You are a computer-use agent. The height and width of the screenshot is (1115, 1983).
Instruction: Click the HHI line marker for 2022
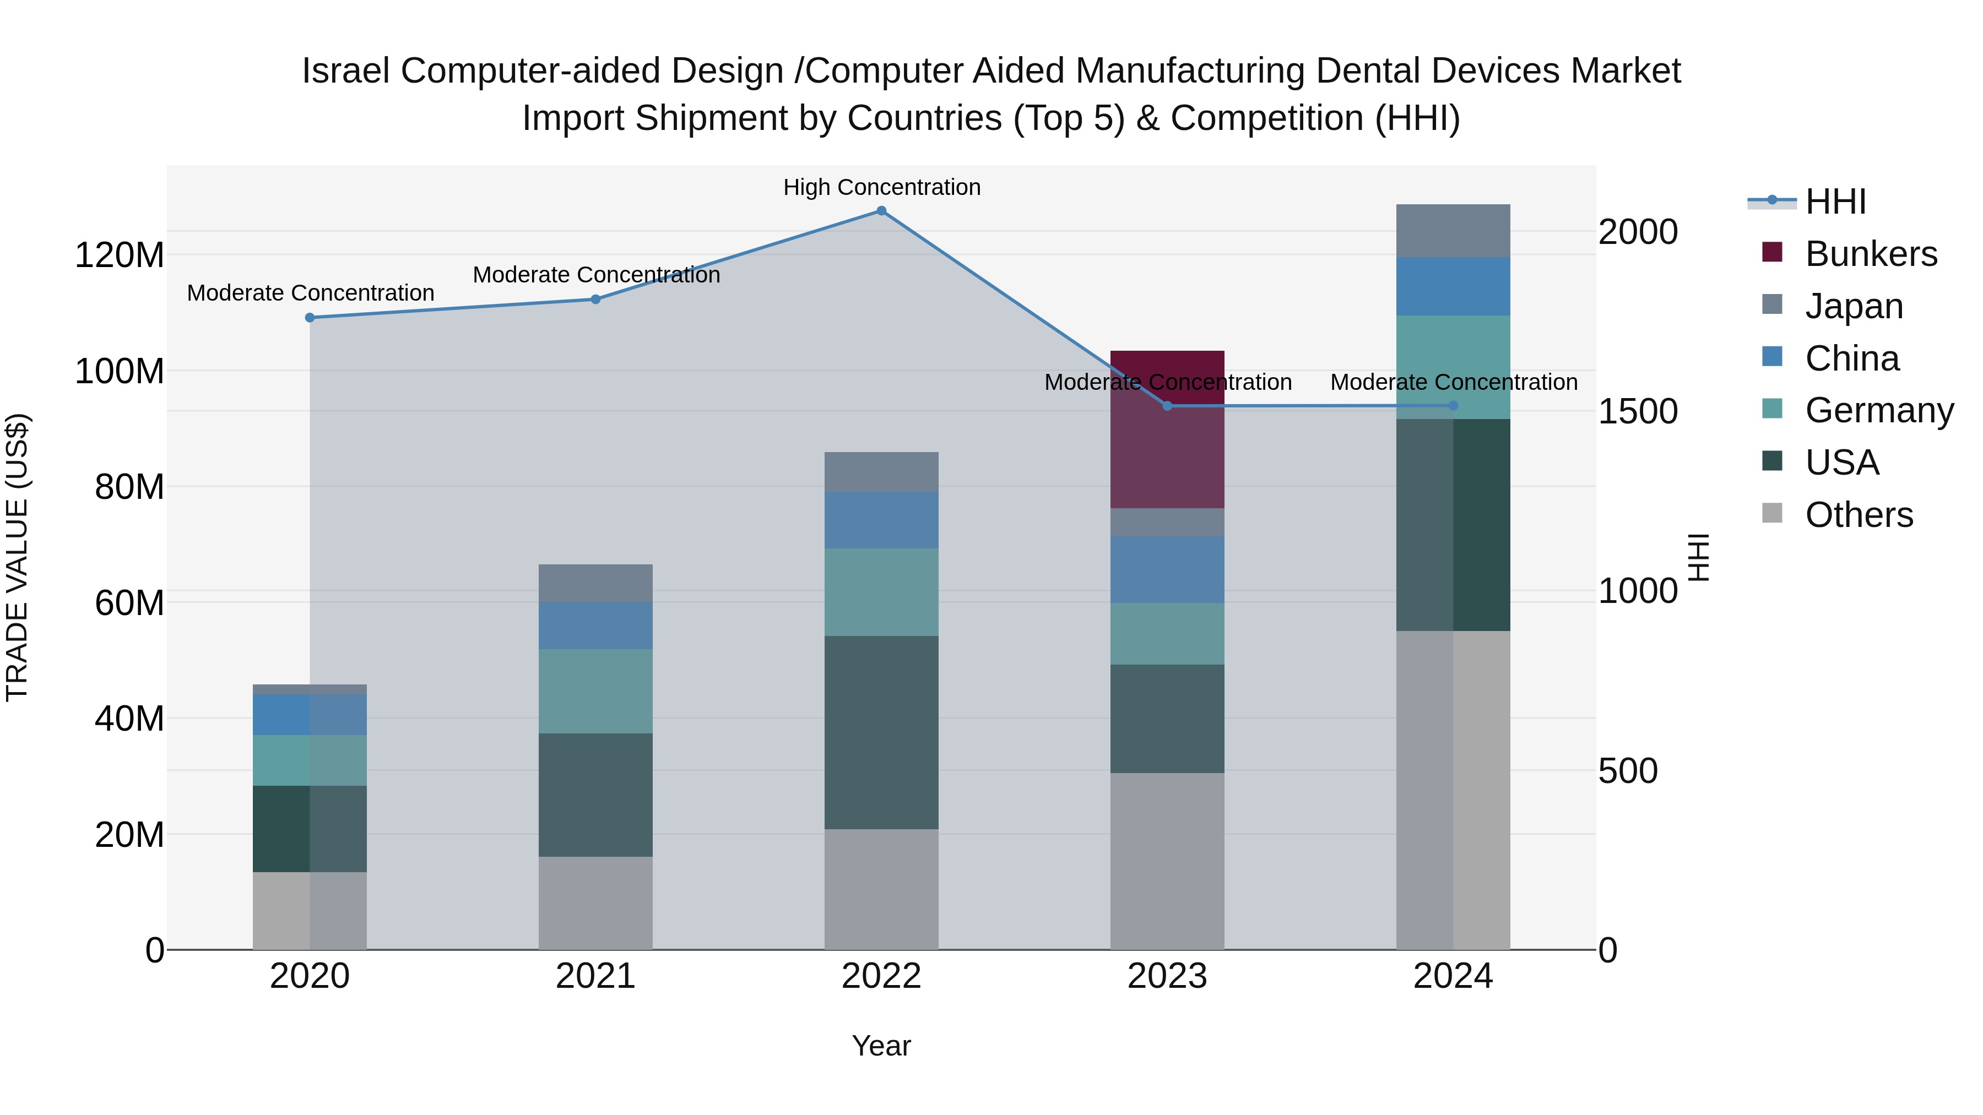pyautogui.click(x=881, y=211)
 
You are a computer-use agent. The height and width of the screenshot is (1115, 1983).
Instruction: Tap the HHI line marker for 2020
pyautogui.click(x=310, y=318)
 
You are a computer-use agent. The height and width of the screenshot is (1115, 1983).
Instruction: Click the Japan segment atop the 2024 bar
pyautogui.click(x=1453, y=231)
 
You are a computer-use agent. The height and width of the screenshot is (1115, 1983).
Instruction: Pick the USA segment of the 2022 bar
pyautogui.click(x=881, y=732)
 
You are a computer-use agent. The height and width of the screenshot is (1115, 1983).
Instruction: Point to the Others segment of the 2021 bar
pyautogui.click(x=595, y=902)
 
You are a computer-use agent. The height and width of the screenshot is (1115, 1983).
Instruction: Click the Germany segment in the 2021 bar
pyautogui.click(x=595, y=691)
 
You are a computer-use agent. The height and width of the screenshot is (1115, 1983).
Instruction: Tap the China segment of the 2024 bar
pyautogui.click(x=1453, y=286)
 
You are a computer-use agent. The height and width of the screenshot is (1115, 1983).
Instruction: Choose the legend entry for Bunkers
pyautogui.click(x=1870, y=254)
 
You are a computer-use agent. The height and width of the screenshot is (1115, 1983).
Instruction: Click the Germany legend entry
pyautogui.click(x=1878, y=410)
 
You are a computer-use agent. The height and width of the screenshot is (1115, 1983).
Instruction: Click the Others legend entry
pyautogui.click(x=1859, y=515)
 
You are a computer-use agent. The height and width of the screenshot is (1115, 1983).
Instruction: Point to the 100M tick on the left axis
pyautogui.click(x=120, y=371)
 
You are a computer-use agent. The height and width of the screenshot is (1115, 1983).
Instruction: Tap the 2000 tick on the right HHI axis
pyautogui.click(x=1638, y=232)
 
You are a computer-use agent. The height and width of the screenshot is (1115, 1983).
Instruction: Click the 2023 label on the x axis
pyautogui.click(x=1167, y=976)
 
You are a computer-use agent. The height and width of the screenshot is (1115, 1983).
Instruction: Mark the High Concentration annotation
pyautogui.click(x=881, y=187)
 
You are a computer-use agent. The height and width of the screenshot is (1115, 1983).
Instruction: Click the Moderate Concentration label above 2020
pyautogui.click(x=310, y=293)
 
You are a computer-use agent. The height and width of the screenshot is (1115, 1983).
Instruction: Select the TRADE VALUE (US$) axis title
pyautogui.click(x=17, y=557)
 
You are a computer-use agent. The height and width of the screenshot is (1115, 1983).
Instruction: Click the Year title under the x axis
pyautogui.click(x=881, y=1046)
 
